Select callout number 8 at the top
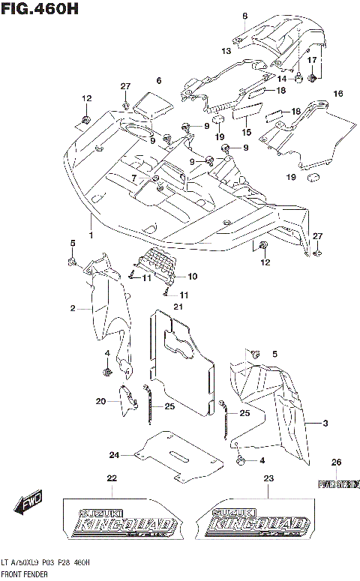244,16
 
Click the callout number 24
114,454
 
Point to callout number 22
111,478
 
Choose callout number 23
268,478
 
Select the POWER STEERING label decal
338,484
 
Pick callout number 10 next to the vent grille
192,276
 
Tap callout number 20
101,402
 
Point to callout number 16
337,94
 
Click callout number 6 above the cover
158,81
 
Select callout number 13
226,50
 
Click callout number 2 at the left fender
73,308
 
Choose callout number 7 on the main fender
135,178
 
